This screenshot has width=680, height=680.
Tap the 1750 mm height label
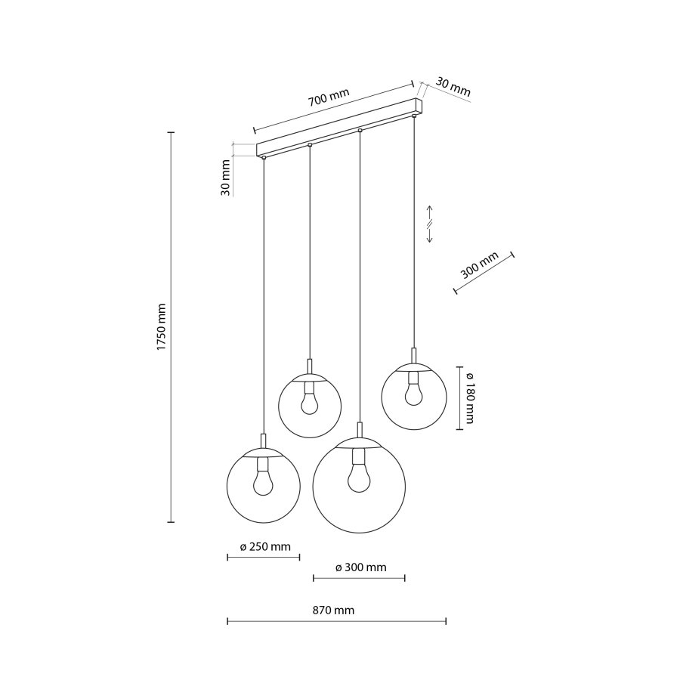tap(160, 326)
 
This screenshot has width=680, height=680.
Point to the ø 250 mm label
tap(264, 546)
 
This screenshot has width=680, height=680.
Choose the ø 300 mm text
tap(360, 567)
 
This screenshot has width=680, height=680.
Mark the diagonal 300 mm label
tap(479, 267)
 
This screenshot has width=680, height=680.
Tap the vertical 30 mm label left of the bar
tap(225, 179)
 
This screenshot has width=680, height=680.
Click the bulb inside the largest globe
tap(359, 474)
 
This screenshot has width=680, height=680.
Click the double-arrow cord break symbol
tap(429, 224)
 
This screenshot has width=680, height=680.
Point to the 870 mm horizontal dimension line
tap(336, 622)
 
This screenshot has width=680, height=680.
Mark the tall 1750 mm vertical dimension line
tap(171, 326)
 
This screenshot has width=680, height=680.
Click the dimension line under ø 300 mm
tap(359, 579)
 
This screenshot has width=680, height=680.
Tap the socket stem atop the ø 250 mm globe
tap(263, 442)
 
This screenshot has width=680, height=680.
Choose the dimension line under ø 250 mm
tap(264, 558)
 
